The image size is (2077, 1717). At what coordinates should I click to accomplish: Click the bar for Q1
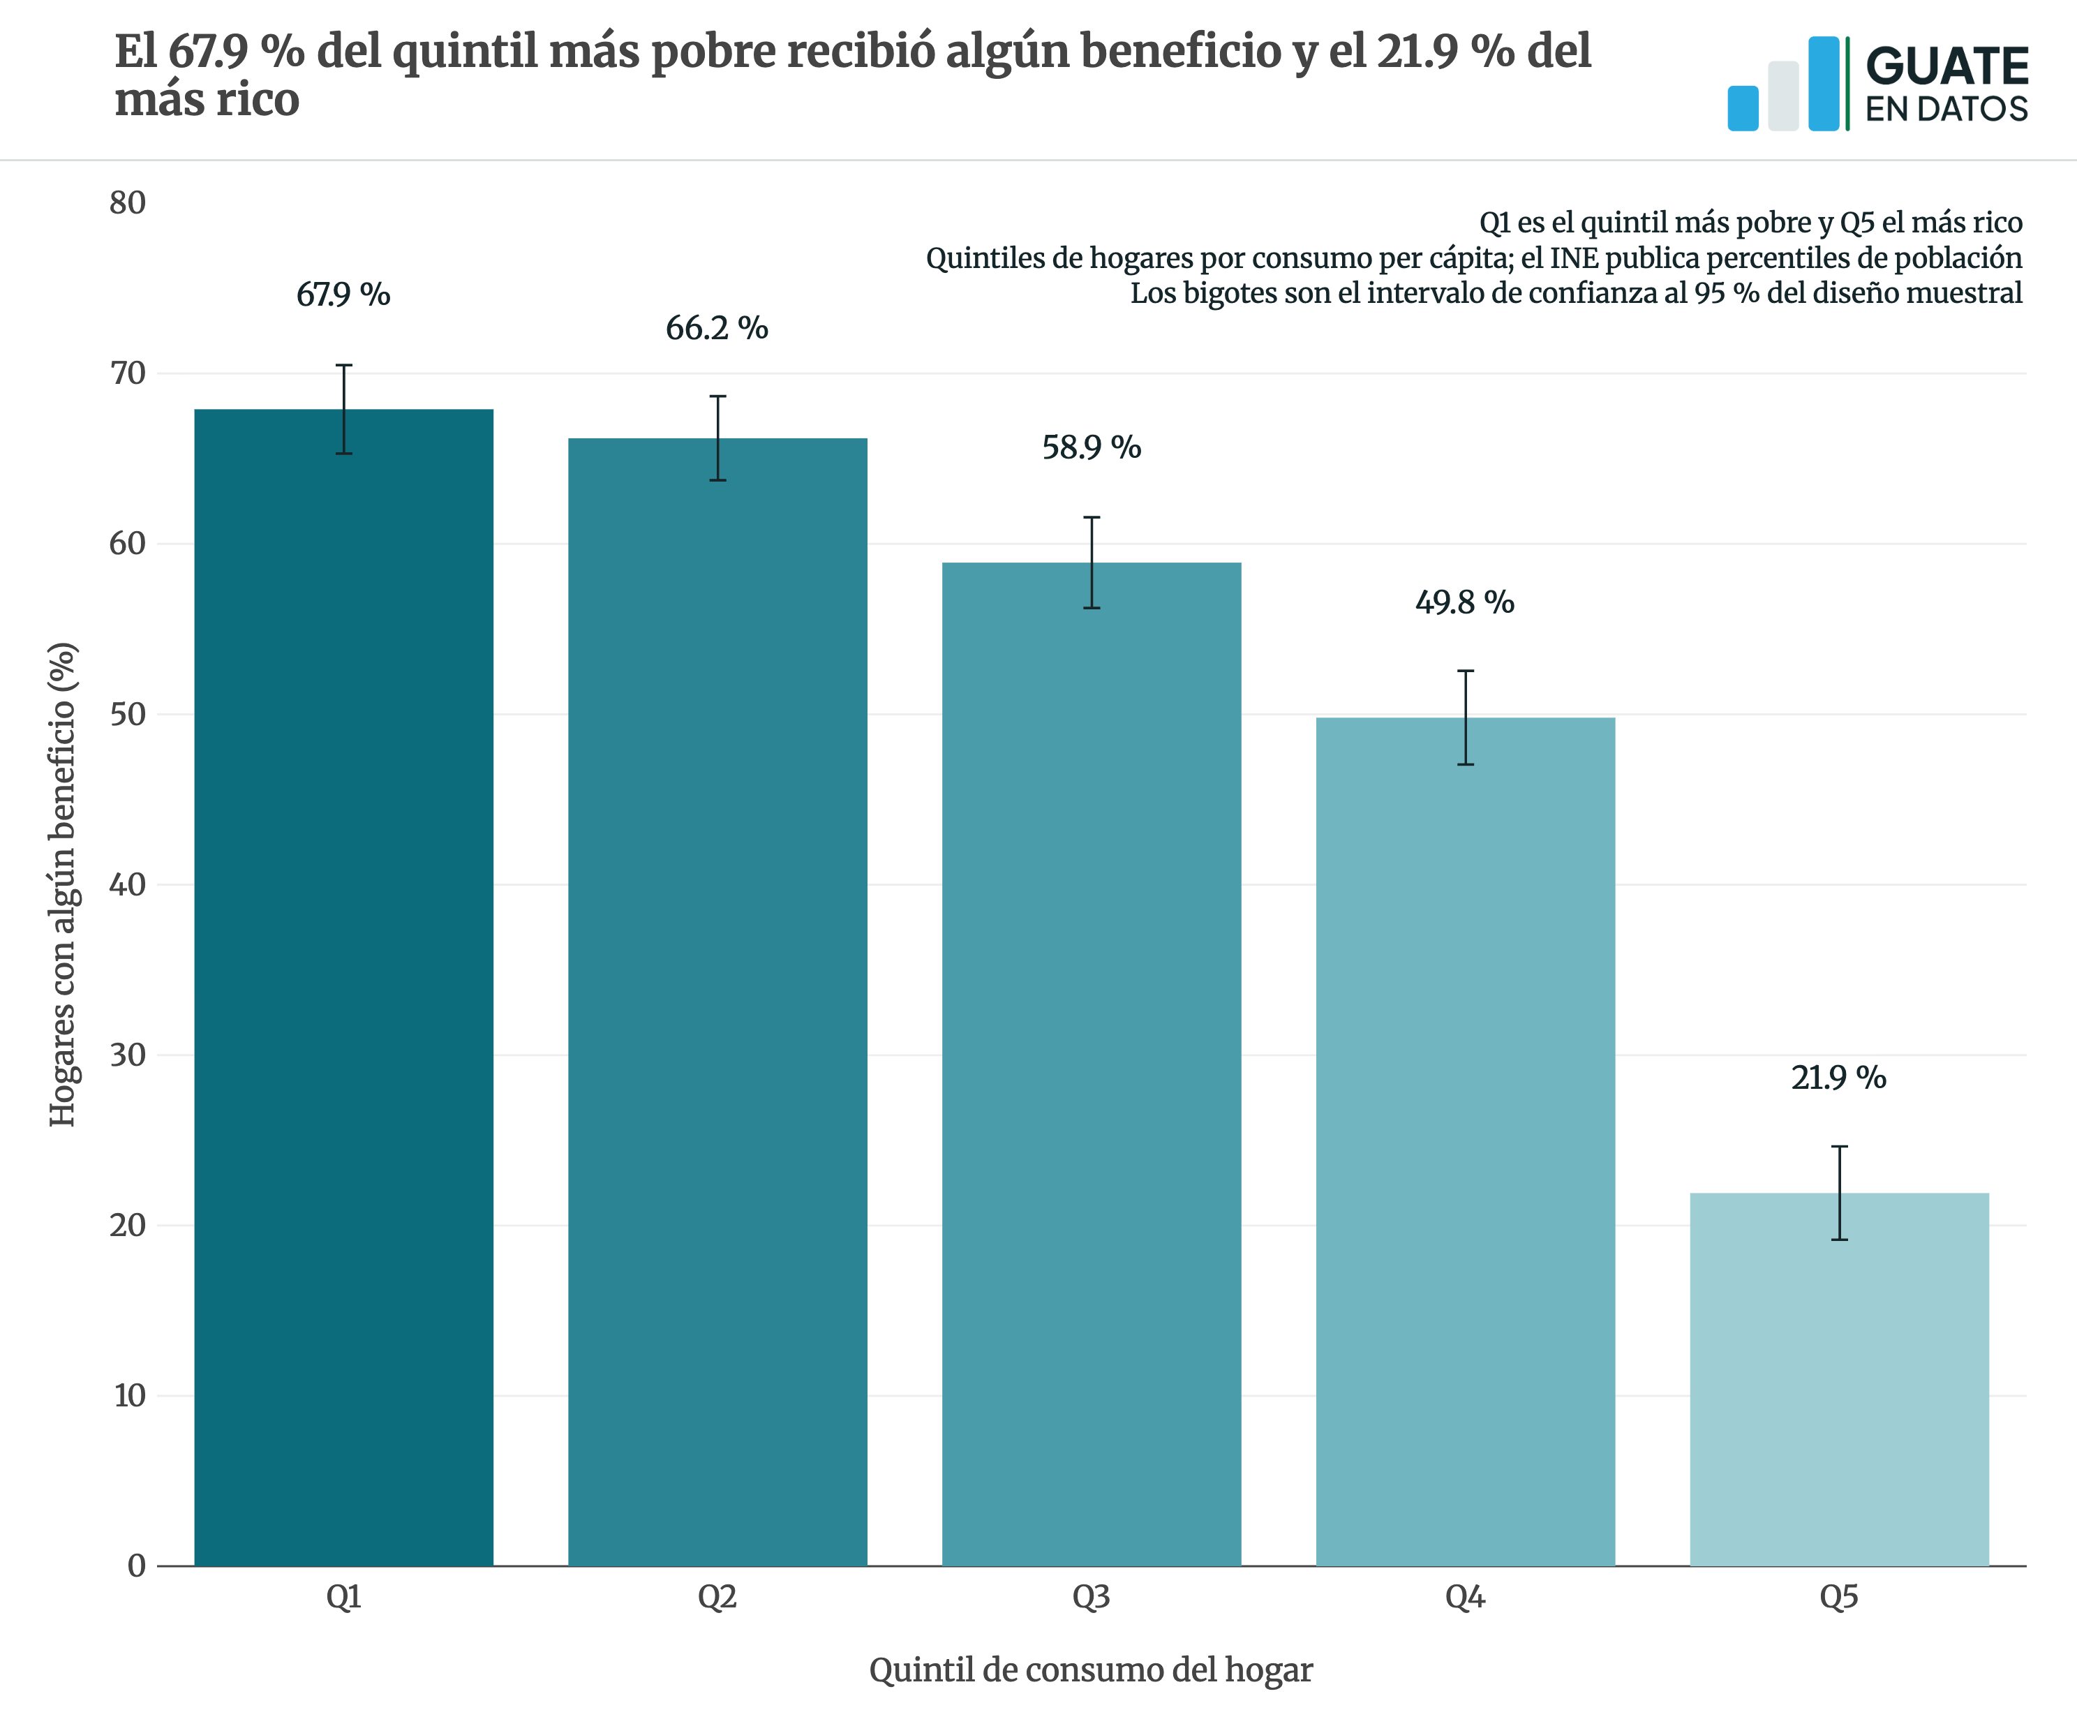(x=343, y=987)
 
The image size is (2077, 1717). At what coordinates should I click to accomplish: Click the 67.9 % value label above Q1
(x=343, y=295)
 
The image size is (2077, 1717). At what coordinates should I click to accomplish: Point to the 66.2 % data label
(x=717, y=328)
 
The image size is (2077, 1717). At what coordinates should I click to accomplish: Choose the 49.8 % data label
(x=1465, y=602)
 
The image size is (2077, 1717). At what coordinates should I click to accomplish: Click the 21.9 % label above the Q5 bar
(x=1838, y=1078)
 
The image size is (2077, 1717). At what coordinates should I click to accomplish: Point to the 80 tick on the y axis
(x=128, y=202)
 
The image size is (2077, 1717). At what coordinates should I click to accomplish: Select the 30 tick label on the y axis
(x=128, y=1055)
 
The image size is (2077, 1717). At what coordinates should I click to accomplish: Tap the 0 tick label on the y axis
(x=137, y=1566)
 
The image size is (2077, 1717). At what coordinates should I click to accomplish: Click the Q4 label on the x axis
(x=1465, y=1598)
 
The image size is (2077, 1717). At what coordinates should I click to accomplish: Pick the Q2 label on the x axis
(x=717, y=1598)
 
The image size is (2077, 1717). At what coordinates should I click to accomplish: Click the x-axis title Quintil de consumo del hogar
(x=1091, y=1670)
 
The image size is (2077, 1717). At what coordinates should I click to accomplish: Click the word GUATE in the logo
(x=1946, y=67)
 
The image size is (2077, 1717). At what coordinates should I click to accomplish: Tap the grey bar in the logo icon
(x=1783, y=96)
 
